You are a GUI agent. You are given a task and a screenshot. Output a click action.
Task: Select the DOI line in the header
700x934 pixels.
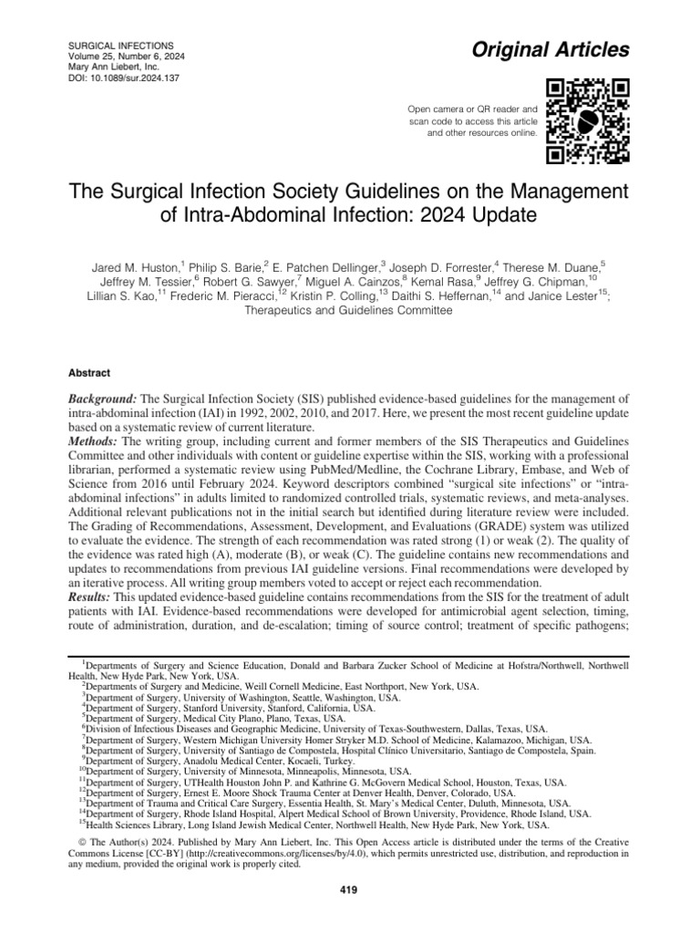click(x=117, y=78)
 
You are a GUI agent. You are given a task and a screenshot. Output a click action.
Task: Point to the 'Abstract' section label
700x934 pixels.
click(x=89, y=373)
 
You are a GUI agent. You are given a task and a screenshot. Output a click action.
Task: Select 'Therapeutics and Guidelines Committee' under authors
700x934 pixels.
click(x=350, y=310)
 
